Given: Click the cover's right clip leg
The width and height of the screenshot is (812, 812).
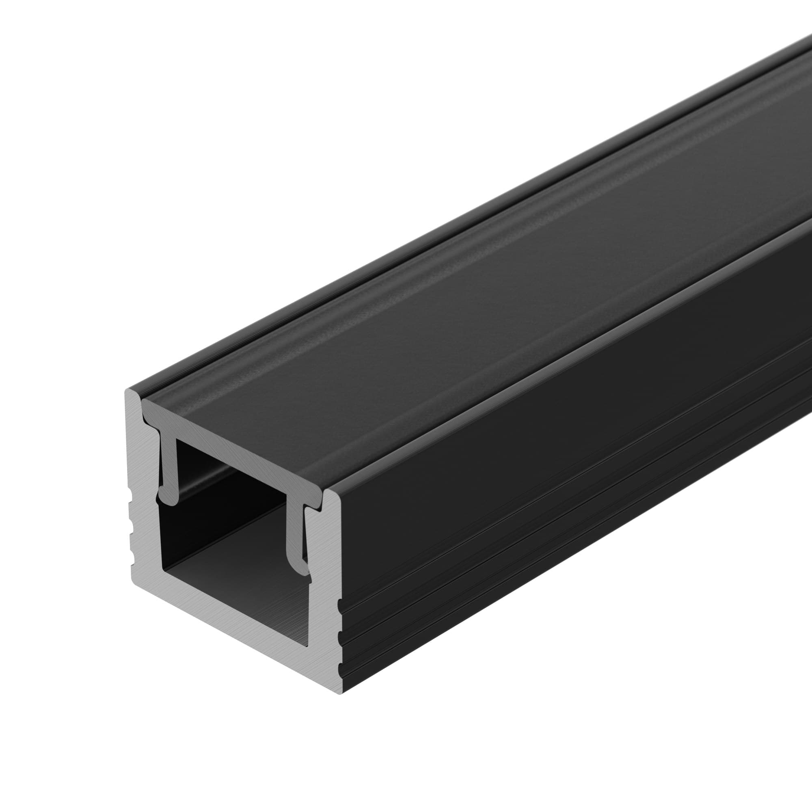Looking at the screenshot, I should click(296, 534).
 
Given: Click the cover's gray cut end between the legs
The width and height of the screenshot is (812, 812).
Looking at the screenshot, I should click(235, 456).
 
